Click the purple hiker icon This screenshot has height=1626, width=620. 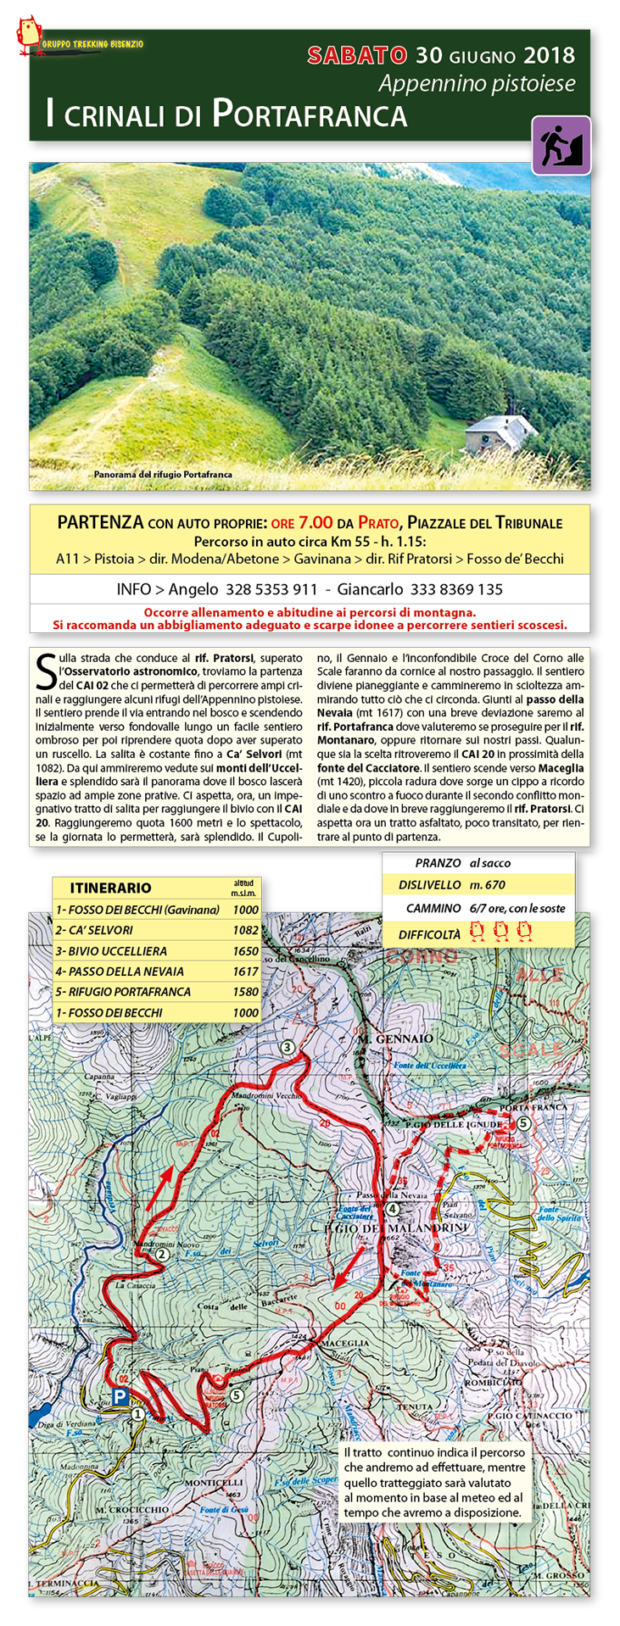(x=561, y=145)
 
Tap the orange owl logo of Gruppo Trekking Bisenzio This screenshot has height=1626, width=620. (x=30, y=36)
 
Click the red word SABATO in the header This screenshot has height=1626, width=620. (x=357, y=56)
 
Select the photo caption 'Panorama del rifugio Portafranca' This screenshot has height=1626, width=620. (x=163, y=475)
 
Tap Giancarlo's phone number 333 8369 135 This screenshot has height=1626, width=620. (x=456, y=589)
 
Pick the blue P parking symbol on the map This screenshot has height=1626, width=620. (x=121, y=1396)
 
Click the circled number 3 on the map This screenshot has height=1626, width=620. (x=288, y=1047)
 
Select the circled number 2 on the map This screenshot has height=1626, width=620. (x=162, y=1255)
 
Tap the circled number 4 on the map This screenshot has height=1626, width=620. (x=391, y=1209)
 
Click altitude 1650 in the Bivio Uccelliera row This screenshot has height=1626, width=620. (x=245, y=951)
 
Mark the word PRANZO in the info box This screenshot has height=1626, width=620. (x=438, y=863)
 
